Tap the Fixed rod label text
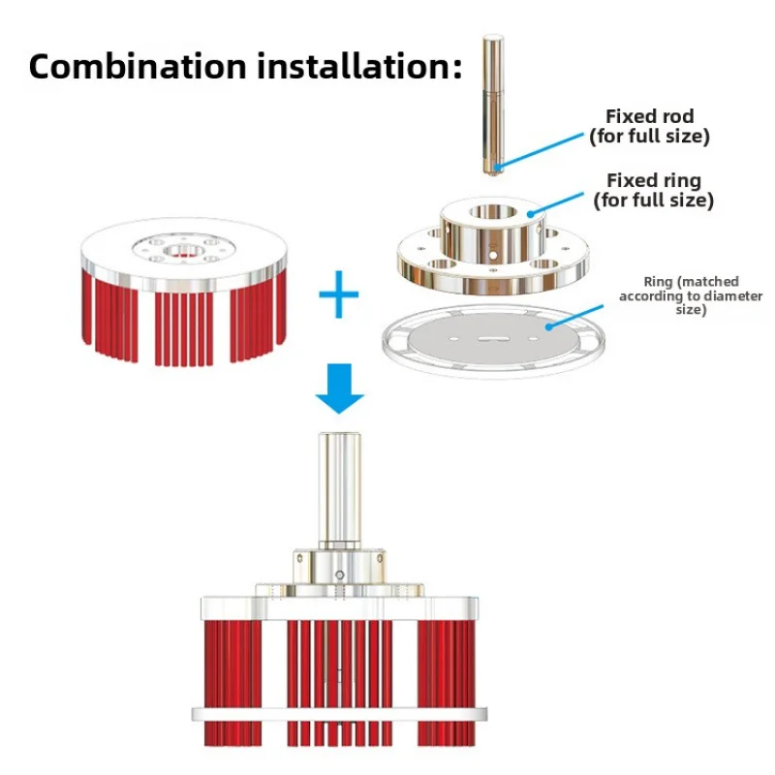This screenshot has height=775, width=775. click(650, 126)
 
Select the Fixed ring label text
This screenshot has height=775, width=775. click(653, 190)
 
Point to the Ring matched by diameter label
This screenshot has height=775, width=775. click(691, 294)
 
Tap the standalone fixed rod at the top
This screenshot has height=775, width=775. click(494, 97)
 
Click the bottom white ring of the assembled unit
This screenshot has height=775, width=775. click(338, 716)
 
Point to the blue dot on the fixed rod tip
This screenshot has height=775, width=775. click(497, 167)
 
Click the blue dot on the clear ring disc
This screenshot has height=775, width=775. click(548, 327)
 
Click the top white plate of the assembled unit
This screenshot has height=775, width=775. click(338, 608)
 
